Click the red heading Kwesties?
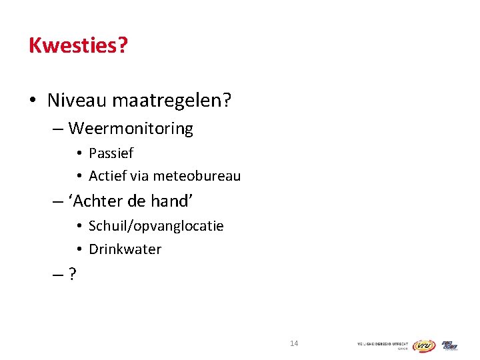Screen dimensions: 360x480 [x=78, y=45]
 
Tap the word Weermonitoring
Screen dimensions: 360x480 [x=131, y=128]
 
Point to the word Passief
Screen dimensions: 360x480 [x=111, y=153]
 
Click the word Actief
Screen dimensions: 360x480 [x=106, y=177]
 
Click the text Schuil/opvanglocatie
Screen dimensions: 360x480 [x=156, y=226]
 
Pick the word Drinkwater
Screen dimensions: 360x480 [x=125, y=249]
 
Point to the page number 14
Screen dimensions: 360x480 [x=294, y=343]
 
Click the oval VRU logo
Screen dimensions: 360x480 [x=423, y=345]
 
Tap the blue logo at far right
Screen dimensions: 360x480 [x=449, y=345]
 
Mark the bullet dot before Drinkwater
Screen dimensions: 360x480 [x=79, y=249]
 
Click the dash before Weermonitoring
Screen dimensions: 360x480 [x=58, y=128]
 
